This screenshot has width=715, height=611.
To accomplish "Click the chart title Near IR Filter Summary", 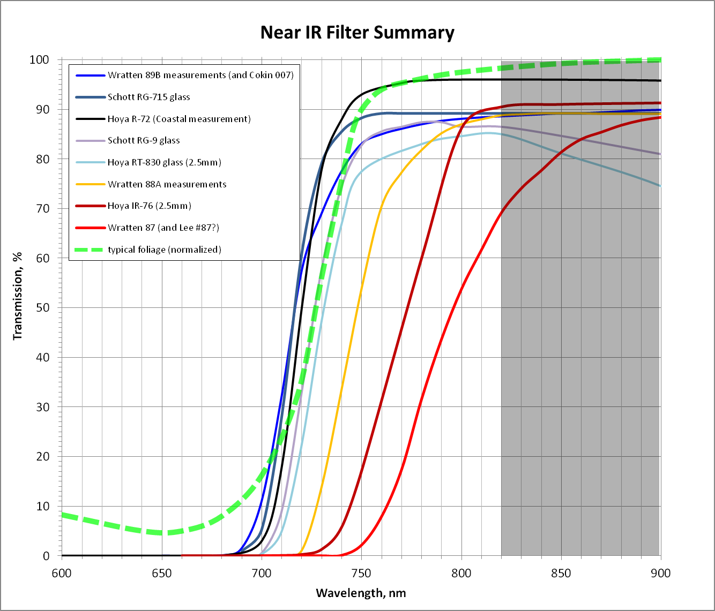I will (357, 33).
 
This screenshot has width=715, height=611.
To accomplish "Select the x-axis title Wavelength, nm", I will (361, 593).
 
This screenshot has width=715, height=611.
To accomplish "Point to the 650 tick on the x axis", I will (162, 573).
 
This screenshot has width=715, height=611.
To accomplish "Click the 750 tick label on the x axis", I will (361, 573).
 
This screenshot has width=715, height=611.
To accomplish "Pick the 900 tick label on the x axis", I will (660, 573).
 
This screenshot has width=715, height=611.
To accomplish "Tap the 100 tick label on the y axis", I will (39, 60).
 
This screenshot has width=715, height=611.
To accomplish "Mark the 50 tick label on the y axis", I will (43, 308).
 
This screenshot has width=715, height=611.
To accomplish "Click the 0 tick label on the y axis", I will (46, 556).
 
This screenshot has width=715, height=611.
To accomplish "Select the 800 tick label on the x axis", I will (461, 573).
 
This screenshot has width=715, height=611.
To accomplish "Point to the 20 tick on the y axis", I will (43, 457).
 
